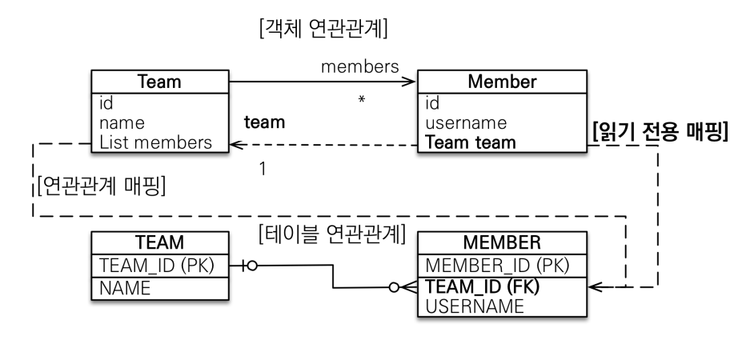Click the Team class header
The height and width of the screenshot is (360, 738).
(160, 82)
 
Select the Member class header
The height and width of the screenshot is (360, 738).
(502, 82)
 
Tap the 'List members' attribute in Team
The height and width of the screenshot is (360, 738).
(156, 142)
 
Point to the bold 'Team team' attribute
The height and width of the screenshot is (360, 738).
(471, 142)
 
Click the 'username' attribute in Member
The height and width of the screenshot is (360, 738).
(467, 123)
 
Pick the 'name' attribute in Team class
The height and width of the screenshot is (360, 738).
(122, 123)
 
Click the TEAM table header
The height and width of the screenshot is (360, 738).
(161, 242)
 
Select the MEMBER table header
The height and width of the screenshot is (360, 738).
(502, 242)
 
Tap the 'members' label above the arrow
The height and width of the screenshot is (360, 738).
(360, 66)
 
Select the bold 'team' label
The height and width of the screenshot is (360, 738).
(265, 124)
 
